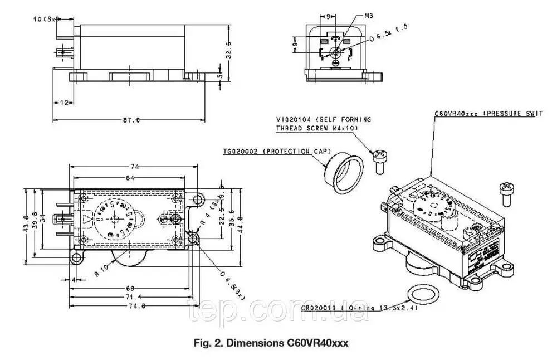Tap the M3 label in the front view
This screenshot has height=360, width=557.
368,16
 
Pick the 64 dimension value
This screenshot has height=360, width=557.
130,178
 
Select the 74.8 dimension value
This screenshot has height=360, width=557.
134,305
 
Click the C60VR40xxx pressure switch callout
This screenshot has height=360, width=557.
488,113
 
